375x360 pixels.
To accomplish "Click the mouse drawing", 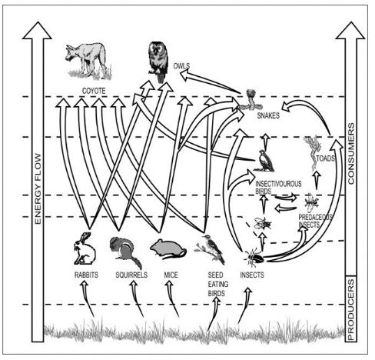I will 165,248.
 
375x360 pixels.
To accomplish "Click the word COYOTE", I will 94,91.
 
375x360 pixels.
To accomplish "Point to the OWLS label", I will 182,66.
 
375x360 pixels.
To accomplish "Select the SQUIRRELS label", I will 130,274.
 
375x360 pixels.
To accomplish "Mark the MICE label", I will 171,274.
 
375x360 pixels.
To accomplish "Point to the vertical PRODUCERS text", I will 352,308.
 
